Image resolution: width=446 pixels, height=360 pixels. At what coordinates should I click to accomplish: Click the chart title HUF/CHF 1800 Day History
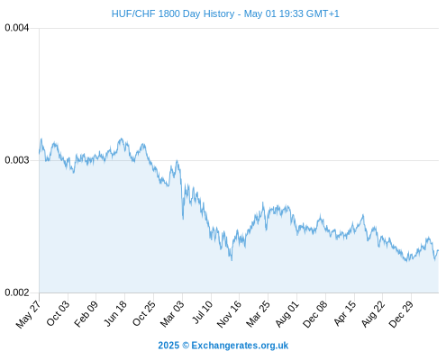pyautogui.click(x=173, y=13)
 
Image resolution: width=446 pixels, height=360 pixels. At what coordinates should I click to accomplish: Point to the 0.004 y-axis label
pyautogui.click(x=17, y=28)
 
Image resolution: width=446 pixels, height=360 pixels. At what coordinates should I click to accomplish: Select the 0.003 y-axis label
pyautogui.click(x=17, y=160)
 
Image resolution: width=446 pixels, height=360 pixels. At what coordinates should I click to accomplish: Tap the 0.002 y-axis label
pyautogui.click(x=17, y=292)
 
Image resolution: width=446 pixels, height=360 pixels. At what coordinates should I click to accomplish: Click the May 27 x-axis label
pyautogui.click(x=28, y=314)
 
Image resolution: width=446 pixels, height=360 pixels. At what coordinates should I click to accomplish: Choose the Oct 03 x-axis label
pyautogui.click(x=58, y=313)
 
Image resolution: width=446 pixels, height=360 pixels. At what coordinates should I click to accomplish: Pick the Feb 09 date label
pyautogui.click(x=86, y=313)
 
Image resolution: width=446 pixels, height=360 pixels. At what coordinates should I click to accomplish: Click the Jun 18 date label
pyautogui.click(x=115, y=313)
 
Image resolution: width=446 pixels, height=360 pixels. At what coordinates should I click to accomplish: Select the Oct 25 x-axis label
pyautogui.click(x=144, y=313)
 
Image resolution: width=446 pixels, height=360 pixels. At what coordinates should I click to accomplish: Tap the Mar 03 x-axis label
pyautogui.click(x=172, y=313)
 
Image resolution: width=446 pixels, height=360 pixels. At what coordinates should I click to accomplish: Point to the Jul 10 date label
pyautogui.click(x=203, y=311)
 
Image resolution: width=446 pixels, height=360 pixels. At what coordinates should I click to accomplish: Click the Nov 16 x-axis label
pyautogui.click(x=229, y=314)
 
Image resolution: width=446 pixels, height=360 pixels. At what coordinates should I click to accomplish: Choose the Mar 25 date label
pyautogui.click(x=258, y=313)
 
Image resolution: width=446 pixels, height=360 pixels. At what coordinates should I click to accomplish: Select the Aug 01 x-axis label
pyautogui.click(x=287, y=313)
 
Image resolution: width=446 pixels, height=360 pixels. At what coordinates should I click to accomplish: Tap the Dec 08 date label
pyautogui.click(x=314, y=314)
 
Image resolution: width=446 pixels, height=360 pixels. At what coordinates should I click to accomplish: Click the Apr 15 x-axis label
pyautogui.click(x=345, y=313)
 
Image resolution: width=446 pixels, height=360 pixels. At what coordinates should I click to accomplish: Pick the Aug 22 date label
pyautogui.click(x=373, y=313)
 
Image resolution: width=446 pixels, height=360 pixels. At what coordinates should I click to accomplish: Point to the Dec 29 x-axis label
pyautogui.click(x=401, y=314)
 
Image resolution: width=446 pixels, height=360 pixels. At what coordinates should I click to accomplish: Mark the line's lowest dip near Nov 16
pyautogui.click(x=232, y=260)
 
